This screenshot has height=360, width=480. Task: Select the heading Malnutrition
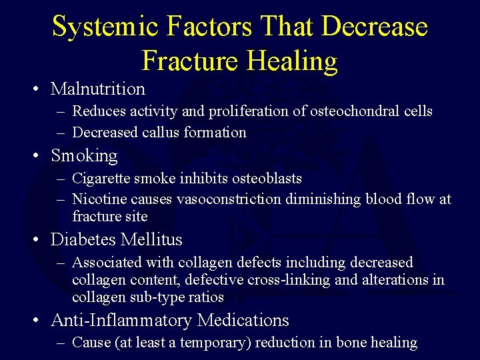[98, 89]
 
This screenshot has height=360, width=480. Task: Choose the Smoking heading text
[84, 156]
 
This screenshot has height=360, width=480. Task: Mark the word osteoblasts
[267, 179]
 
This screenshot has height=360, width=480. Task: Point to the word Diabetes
[81, 239]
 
